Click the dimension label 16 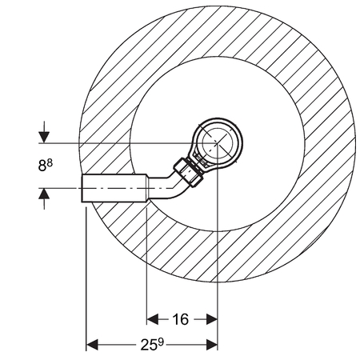pos(181,319)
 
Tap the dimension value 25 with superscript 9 pos(151,345)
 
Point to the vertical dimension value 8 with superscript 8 pos(46,165)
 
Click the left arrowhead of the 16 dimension pos(153,319)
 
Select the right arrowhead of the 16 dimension pos(212,319)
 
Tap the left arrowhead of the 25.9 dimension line pos(92,345)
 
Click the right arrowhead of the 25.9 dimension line pos(212,345)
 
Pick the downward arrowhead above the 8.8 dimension pos(44,138)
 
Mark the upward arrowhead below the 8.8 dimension pos(44,194)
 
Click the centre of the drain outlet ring pos(218,142)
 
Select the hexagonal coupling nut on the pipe pos(189,172)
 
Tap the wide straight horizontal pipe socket pos(114,188)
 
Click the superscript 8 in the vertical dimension pos(50,162)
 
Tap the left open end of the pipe pos(82,188)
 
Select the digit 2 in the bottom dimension pos(144,346)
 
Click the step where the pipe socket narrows pos(147,188)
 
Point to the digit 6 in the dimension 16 pos(185,319)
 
